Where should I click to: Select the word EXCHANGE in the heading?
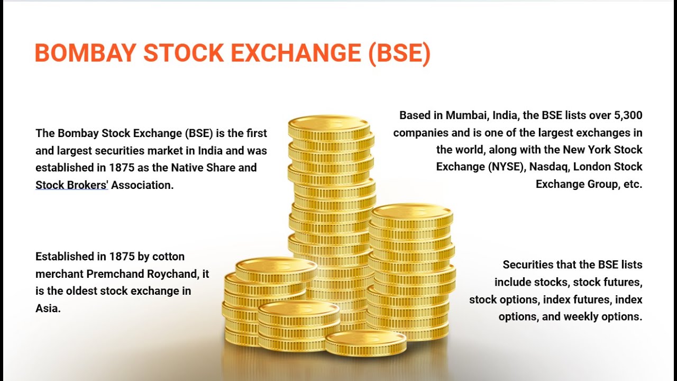click(x=298, y=53)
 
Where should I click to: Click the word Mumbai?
click(x=465, y=115)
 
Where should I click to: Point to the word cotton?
click(x=168, y=257)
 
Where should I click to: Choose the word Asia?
click(x=48, y=308)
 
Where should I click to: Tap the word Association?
click(x=142, y=185)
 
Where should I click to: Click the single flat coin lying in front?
click(x=365, y=342)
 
